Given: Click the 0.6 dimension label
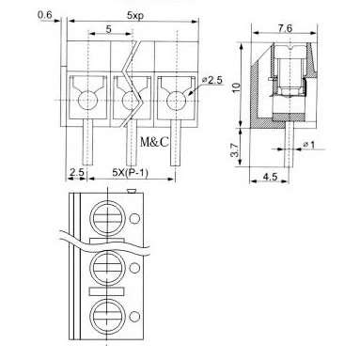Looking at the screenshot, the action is (45, 15).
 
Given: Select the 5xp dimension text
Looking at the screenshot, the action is (135, 15).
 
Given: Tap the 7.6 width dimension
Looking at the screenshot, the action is (285, 28).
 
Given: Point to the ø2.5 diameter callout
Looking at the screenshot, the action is (212, 81).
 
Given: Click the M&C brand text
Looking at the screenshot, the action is (154, 142).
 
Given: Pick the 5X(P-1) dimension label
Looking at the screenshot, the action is (130, 173).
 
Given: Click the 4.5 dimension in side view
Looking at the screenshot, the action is (270, 177).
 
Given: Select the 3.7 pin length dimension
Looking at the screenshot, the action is (235, 150).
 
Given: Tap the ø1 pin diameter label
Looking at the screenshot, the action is (309, 145).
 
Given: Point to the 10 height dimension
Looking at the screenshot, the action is (236, 87).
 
